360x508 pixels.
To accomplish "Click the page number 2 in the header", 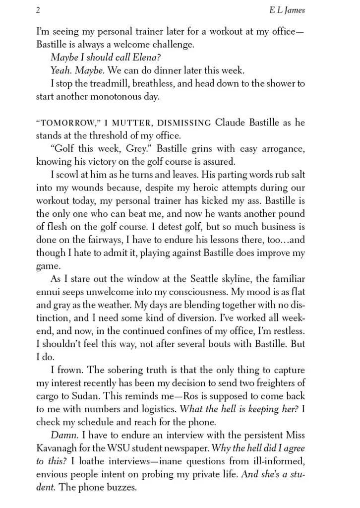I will point(38,10).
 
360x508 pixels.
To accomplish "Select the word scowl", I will point(67,175).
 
